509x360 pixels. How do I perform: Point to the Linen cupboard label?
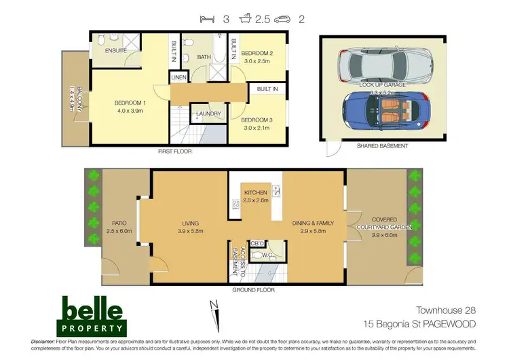(178, 78)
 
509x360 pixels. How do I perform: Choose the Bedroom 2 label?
(257, 53)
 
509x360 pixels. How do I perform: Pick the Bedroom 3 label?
(257, 120)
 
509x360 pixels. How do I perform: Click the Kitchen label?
(256, 193)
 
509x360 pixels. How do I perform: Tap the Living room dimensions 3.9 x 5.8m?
(193, 231)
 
